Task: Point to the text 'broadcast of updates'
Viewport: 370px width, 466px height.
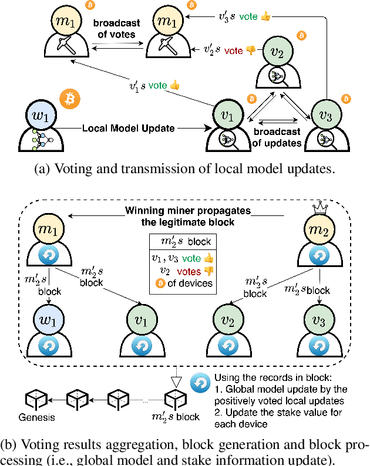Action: [x=278, y=137]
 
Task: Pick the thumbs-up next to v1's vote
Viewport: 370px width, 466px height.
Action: [x=174, y=86]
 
